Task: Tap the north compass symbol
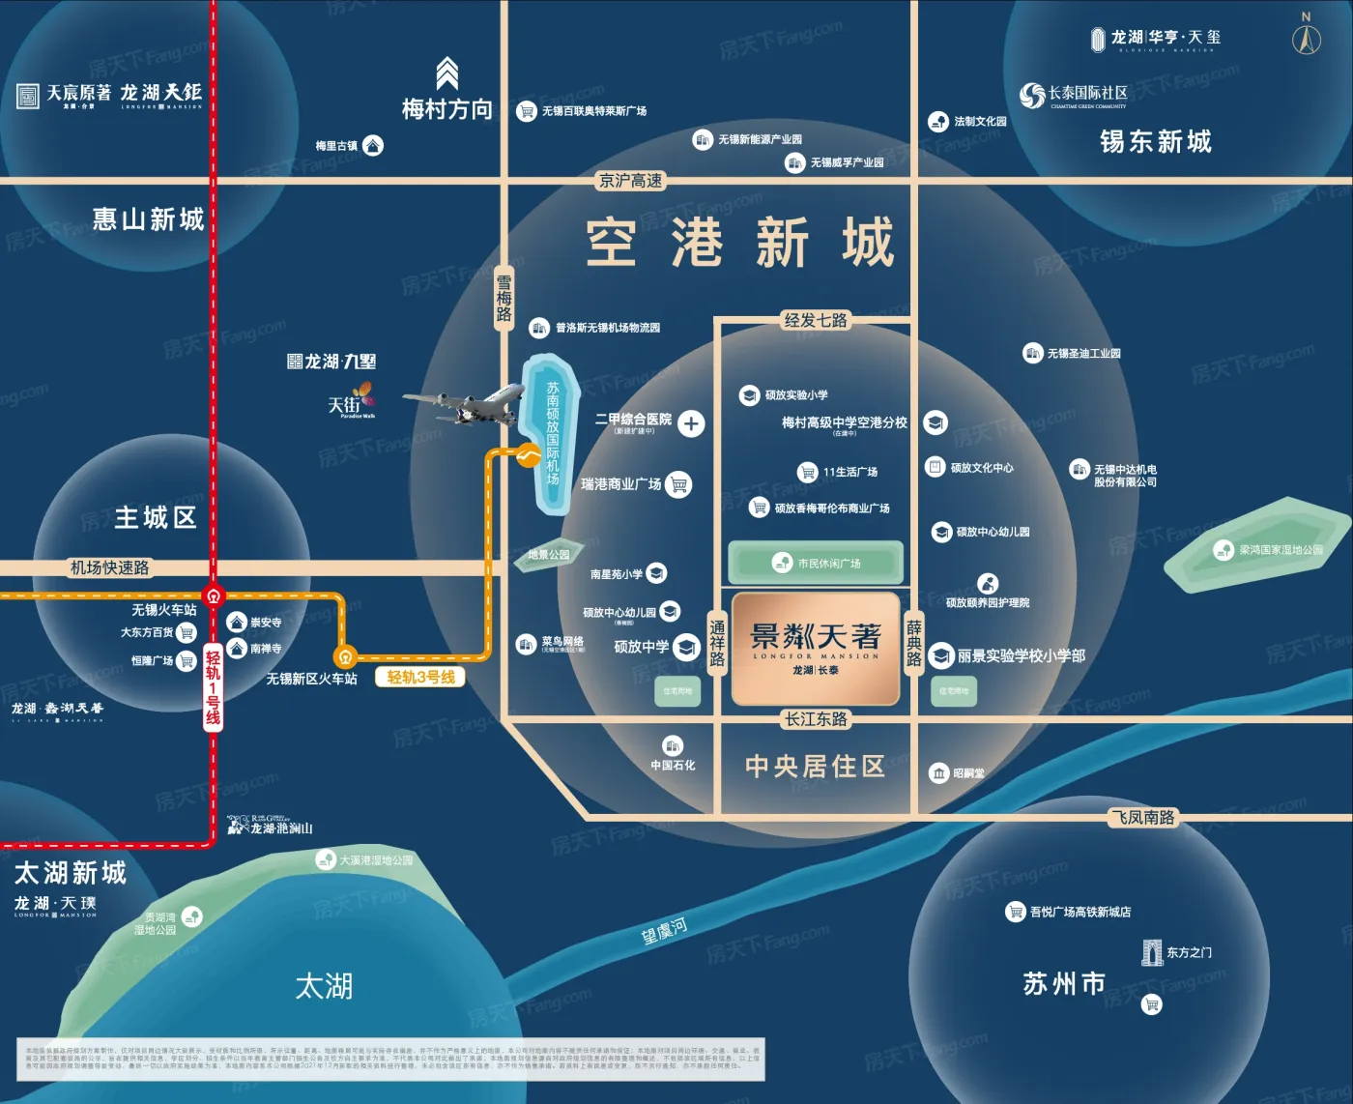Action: pos(1307,37)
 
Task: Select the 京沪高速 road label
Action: pos(631,181)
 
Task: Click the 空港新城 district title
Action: pos(740,243)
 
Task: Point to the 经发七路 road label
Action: pos(816,320)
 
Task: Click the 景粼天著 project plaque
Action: pos(816,648)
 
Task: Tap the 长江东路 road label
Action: pos(816,719)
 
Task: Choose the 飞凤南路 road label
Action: pos(1142,818)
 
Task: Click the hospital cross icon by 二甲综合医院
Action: pos(691,423)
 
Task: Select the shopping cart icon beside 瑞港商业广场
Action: pos(679,484)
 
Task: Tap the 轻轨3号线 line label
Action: pos(420,678)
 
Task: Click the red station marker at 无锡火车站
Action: pos(214,596)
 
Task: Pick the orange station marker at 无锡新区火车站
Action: pos(345,656)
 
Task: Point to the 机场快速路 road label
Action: pos(110,567)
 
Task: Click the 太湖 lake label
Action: pos(324,987)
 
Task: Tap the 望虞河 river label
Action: pos(664,932)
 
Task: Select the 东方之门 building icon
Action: pos(1151,952)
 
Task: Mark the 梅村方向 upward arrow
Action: pos(446,73)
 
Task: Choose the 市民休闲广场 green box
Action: pos(816,563)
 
